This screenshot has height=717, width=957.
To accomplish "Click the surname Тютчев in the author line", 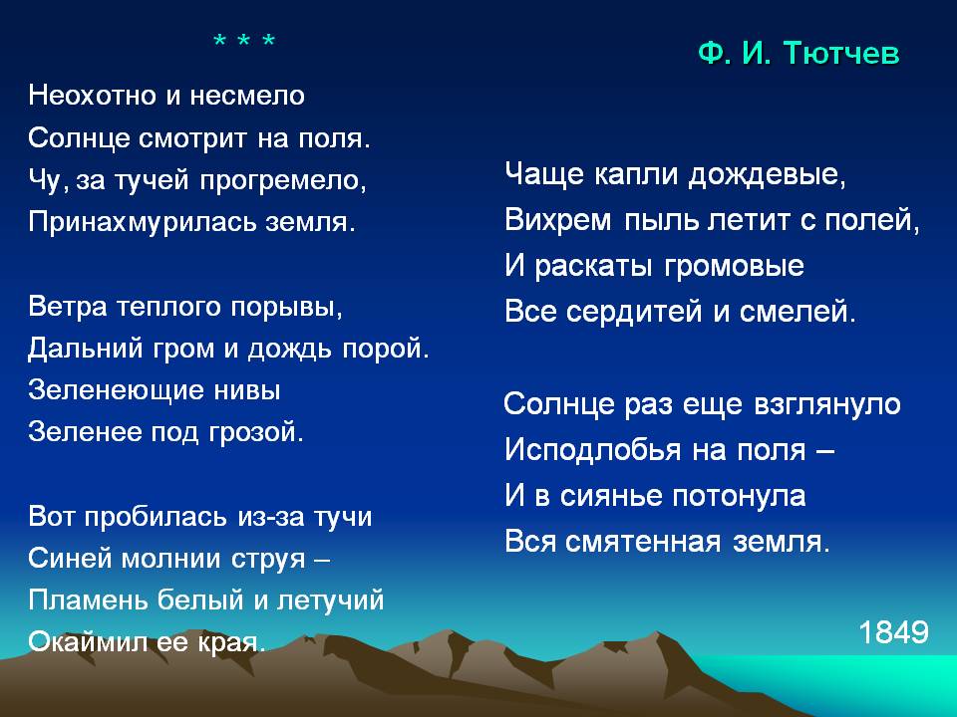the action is point(840,53).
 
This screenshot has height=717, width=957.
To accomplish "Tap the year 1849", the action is point(893,632).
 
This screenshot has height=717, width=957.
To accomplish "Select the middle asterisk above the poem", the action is point(243,42).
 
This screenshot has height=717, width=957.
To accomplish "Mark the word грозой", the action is point(256,432).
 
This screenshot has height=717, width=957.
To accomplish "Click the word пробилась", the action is point(156,517).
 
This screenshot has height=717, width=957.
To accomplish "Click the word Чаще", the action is point(544,175).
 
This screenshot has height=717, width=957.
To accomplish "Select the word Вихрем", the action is point(558,220).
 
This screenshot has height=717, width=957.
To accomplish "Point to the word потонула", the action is point(739,496).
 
